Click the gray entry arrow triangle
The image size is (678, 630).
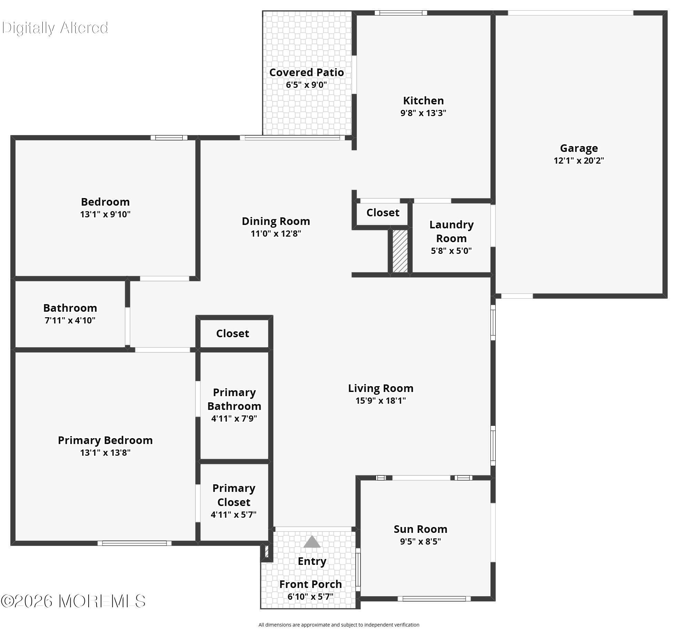click(312, 541)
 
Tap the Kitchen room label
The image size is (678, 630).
click(423, 101)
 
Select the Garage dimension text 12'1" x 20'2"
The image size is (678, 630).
click(579, 161)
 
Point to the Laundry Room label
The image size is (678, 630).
click(451, 231)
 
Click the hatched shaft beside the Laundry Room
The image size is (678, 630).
click(400, 251)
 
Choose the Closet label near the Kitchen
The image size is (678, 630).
click(383, 213)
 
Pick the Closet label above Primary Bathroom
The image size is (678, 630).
click(232, 333)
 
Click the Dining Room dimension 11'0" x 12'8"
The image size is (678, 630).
click(276, 234)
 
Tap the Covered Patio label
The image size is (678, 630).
click(306, 72)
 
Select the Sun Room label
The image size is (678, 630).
click(421, 529)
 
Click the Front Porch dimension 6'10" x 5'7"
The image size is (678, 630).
click(311, 596)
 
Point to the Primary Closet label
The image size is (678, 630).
click(234, 495)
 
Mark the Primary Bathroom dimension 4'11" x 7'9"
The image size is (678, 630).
click(234, 419)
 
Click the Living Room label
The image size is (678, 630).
click(381, 388)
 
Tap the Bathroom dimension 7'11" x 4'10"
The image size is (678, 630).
click(70, 320)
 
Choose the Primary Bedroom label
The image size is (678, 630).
click(105, 440)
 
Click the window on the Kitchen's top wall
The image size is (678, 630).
click(401, 13)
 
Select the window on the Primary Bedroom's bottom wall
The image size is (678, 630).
click(134, 543)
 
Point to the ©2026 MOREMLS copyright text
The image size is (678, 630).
click(73, 601)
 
